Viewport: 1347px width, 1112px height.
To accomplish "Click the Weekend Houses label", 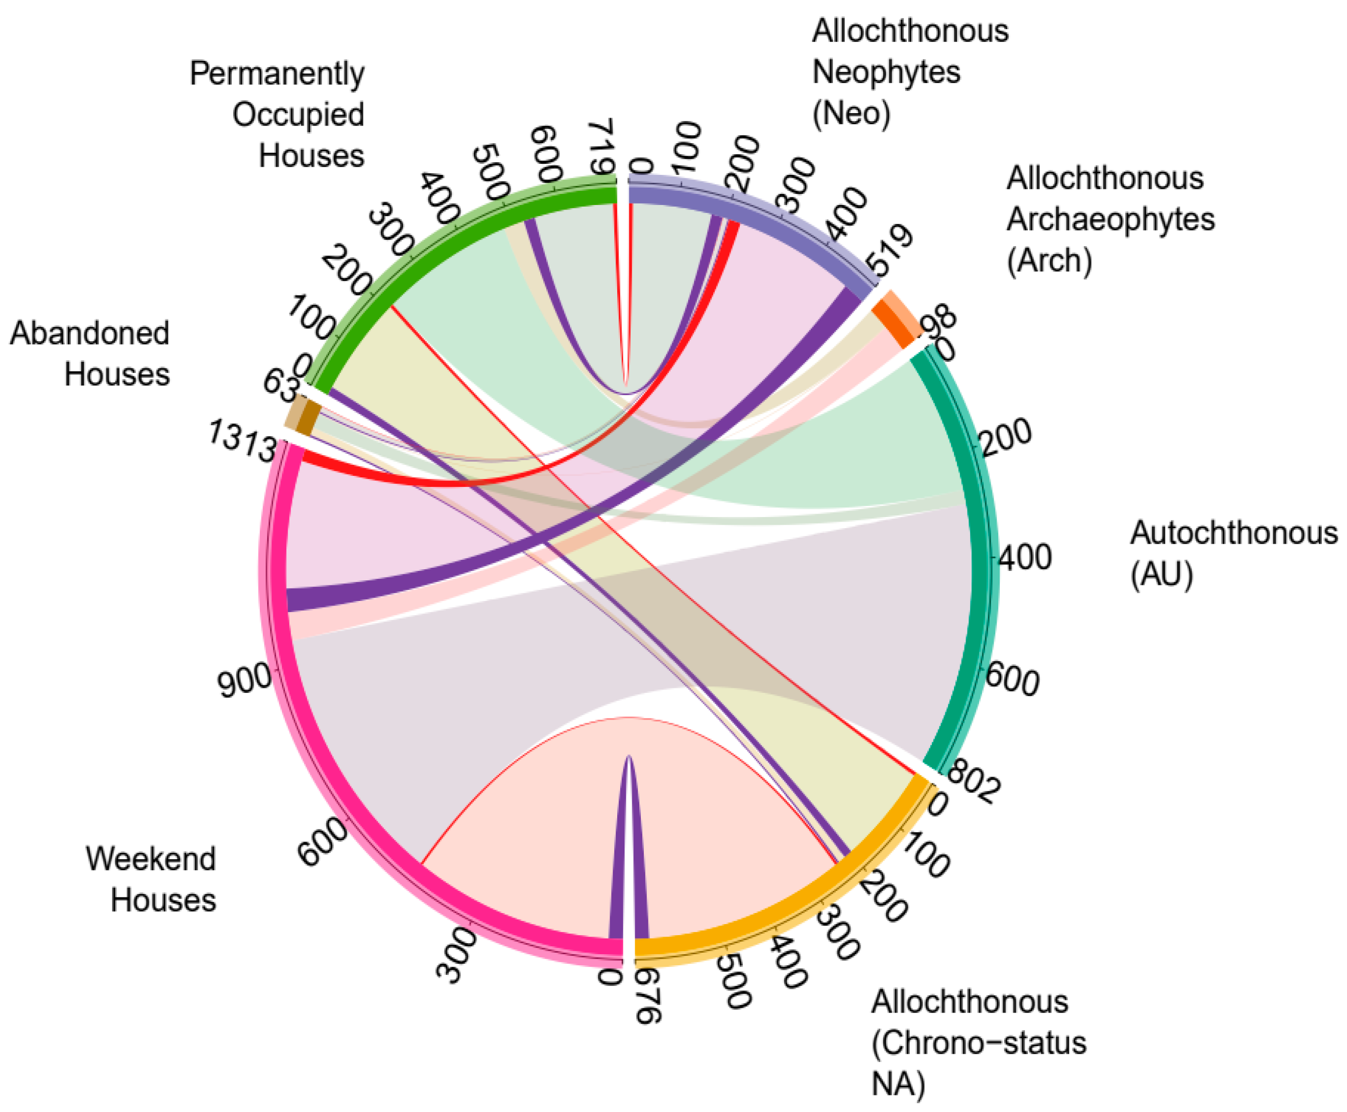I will click(151, 879).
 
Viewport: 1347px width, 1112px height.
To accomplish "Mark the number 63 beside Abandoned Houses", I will click(280, 385).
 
